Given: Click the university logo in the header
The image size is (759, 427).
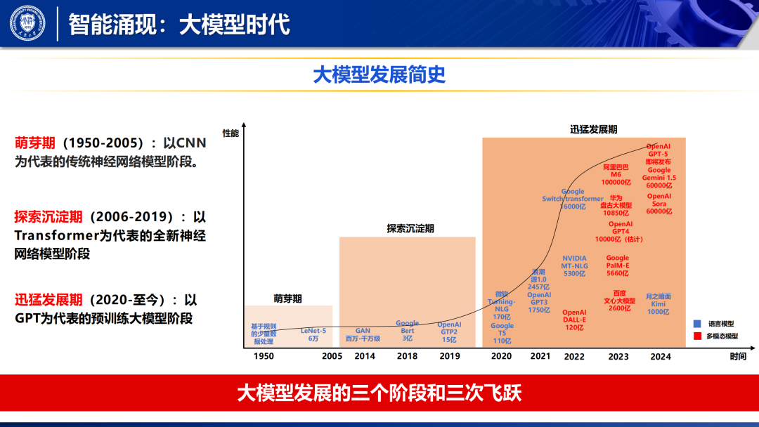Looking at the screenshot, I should pyautogui.click(x=27, y=23).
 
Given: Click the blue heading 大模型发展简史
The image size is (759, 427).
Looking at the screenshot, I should pyautogui.click(x=379, y=75).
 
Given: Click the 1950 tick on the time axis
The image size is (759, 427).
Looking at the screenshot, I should pyautogui.click(x=264, y=356).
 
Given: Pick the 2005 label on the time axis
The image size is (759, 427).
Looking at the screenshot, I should pyautogui.click(x=332, y=356).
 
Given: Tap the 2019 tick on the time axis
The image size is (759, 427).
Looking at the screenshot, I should pyautogui.click(x=449, y=356).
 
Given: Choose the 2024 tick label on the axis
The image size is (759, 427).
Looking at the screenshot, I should pyautogui.click(x=661, y=356).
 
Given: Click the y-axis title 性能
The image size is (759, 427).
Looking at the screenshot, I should pyautogui.click(x=231, y=133).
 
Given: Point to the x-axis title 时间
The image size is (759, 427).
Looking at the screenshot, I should pyautogui.click(x=737, y=356).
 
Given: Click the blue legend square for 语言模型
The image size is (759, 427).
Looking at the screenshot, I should pyautogui.click(x=697, y=324).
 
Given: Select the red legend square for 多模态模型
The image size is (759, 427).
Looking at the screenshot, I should pyautogui.click(x=697, y=336).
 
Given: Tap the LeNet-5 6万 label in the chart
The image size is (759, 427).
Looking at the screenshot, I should pyautogui.click(x=313, y=334).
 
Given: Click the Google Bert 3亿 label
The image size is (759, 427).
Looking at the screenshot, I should pyautogui.click(x=407, y=331).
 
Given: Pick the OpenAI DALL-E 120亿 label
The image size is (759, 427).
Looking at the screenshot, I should pyautogui.click(x=574, y=320).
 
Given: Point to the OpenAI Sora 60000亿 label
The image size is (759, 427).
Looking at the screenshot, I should pyautogui.click(x=659, y=204).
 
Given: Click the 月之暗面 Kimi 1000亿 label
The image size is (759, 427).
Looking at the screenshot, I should pyautogui.click(x=659, y=304).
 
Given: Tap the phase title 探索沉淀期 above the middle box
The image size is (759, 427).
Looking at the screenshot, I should pyautogui.click(x=410, y=228).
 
